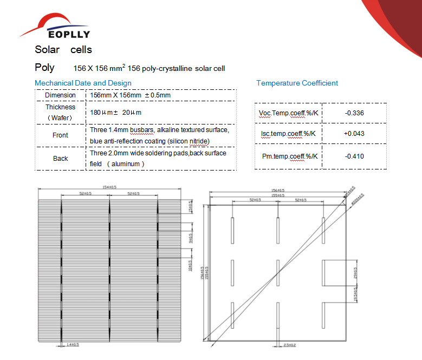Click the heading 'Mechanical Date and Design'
83,83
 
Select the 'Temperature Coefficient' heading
297,83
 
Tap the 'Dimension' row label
60,95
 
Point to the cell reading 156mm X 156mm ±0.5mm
130,95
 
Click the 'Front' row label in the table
60,135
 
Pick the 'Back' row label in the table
60,158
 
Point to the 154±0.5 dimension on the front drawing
110,187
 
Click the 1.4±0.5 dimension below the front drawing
72,344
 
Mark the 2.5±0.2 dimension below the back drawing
285,344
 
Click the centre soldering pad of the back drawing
277,272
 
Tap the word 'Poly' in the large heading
44,68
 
